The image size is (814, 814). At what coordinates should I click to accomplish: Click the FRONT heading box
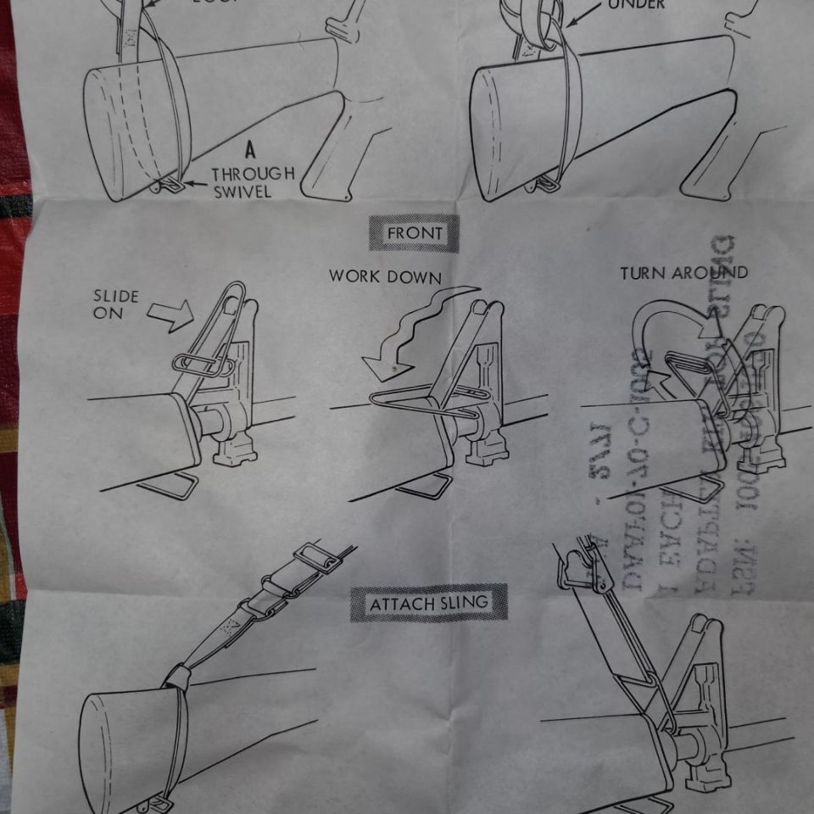(414, 233)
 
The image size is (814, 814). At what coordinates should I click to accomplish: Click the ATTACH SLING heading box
(429, 604)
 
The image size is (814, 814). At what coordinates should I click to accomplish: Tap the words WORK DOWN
(385, 276)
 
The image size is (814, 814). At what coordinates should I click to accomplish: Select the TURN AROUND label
(683, 273)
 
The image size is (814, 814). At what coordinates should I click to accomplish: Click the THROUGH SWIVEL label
(253, 182)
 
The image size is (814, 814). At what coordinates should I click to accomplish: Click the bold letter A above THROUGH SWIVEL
(250, 151)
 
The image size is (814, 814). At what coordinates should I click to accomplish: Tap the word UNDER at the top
(636, 5)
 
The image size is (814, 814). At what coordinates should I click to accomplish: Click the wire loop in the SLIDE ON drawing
(203, 365)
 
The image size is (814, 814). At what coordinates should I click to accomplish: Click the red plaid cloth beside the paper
(10, 254)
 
